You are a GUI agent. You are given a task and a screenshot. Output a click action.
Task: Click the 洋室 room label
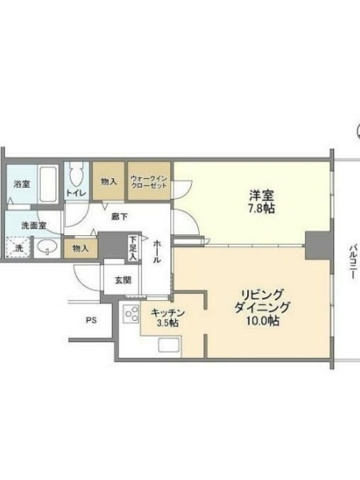261,195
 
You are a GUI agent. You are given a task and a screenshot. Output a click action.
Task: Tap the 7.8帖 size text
261,208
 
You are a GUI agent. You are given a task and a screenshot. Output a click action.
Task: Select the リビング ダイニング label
262,301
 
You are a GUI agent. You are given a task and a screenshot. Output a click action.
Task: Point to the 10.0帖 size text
262,320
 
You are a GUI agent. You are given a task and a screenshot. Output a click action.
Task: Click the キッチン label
168,313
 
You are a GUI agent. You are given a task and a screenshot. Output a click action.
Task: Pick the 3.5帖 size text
167,323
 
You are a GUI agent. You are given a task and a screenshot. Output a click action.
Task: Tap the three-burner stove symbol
131,314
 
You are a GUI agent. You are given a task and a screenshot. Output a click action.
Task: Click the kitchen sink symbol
169,346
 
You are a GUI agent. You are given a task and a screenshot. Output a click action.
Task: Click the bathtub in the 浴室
49,184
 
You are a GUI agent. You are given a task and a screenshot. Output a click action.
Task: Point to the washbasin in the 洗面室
47,246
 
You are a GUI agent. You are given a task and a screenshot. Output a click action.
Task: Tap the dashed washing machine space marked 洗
19,247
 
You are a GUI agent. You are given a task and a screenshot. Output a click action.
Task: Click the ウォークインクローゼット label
149,182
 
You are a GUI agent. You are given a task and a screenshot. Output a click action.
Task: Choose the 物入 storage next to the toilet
109,181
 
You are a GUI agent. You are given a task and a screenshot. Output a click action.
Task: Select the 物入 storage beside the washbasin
81,248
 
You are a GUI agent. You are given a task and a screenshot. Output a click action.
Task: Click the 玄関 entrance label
123,280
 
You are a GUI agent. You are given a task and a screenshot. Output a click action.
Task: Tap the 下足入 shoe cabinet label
133,248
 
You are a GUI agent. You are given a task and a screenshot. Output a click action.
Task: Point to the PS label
91,320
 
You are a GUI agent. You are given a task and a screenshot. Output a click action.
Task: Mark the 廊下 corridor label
119,217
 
